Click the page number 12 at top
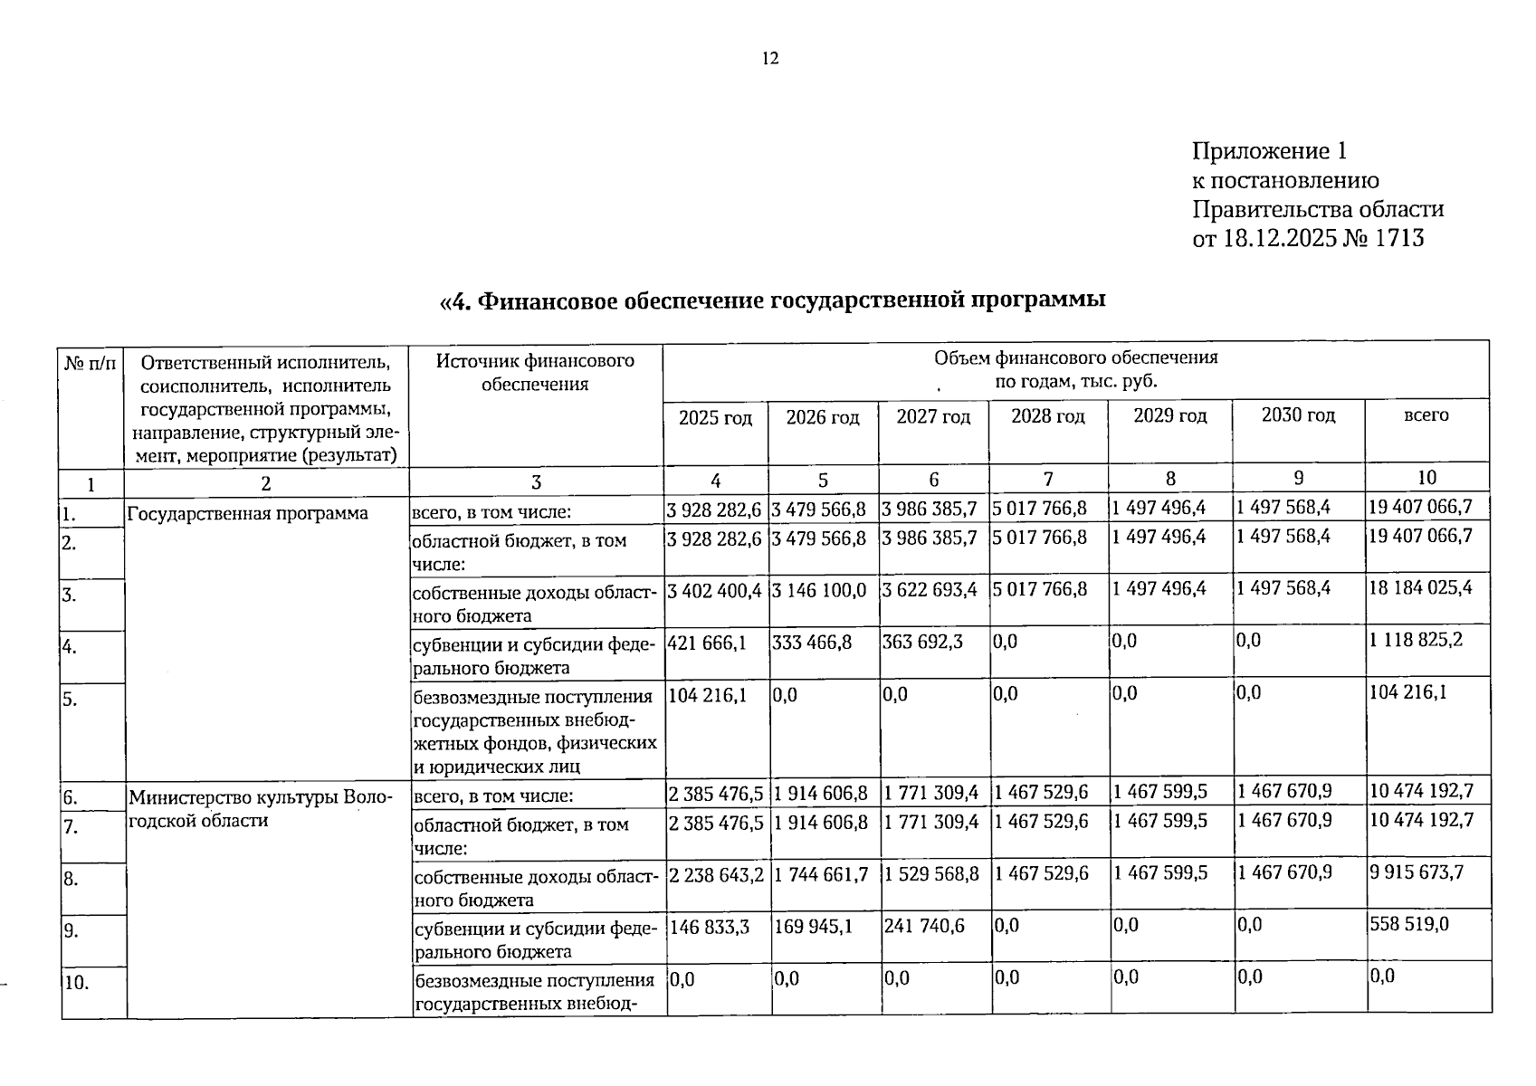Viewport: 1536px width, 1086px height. tap(770, 59)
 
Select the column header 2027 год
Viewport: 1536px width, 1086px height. tap(933, 417)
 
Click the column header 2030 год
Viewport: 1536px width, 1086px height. tap(1298, 415)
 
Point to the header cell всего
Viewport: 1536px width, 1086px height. tap(1426, 415)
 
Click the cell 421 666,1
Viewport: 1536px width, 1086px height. tap(707, 642)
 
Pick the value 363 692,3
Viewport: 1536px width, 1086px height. tap(922, 642)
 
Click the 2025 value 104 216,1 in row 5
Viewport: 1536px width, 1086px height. tap(707, 694)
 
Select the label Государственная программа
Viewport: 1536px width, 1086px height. tap(248, 514)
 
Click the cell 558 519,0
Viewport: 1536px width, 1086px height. tap(1409, 924)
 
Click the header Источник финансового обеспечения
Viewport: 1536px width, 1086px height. tap(535, 372)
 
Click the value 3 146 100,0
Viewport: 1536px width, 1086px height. tap(819, 590)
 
